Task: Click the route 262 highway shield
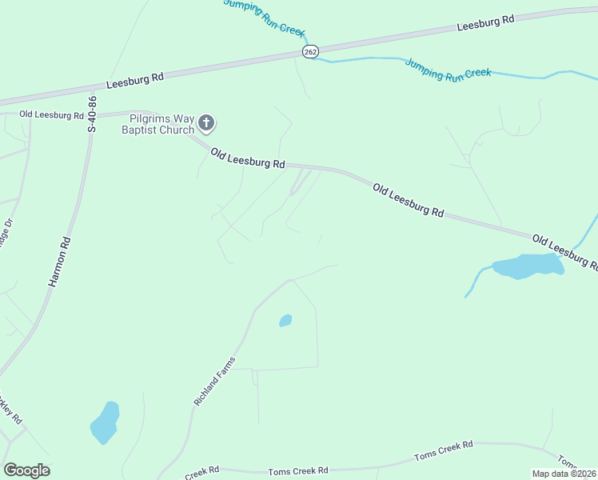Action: [310, 51]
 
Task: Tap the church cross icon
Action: [207, 123]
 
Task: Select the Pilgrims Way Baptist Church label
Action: [158, 123]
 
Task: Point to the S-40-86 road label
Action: [93, 114]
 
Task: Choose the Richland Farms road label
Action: [216, 380]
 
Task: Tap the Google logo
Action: [26, 470]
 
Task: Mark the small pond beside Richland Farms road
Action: [285, 321]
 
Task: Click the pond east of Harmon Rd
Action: [105, 422]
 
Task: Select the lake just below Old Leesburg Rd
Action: [527, 266]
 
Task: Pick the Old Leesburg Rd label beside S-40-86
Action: [51, 115]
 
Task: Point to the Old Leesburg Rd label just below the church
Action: [248, 158]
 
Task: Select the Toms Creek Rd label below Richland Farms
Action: [298, 471]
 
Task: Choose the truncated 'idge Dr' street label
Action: [6, 236]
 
